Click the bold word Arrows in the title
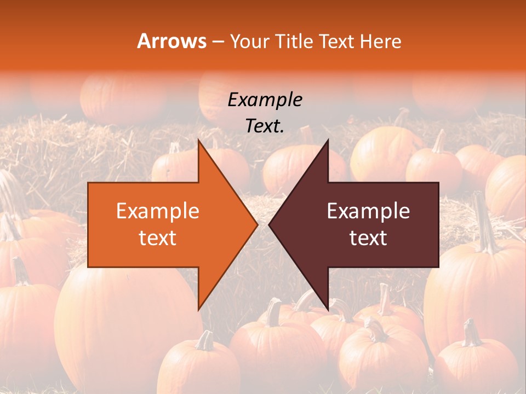172,41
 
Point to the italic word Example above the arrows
265,100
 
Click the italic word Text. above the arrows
265,126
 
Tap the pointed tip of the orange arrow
256,225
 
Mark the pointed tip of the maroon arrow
270,225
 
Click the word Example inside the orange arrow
157,211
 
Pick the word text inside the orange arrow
157,238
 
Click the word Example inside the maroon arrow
368,211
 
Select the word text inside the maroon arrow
368,238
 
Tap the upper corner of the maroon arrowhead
328,142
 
